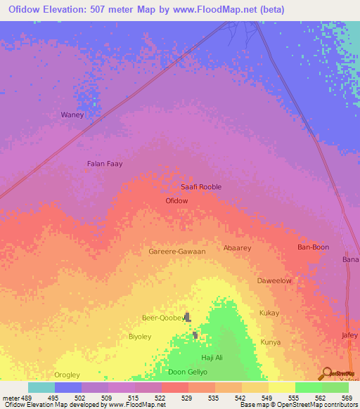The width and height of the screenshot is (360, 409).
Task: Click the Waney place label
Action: (x=72, y=115)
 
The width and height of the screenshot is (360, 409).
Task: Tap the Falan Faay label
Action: (x=105, y=164)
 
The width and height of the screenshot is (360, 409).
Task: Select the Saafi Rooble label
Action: (x=201, y=186)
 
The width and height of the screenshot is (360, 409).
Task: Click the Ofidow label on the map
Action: (x=176, y=200)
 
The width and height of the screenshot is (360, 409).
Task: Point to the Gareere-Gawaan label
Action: (x=177, y=251)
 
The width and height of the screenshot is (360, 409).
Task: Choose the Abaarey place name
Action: (x=237, y=248)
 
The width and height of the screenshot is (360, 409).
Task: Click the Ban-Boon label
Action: (x=314, y=247)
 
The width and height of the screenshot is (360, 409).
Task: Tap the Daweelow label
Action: (x=274, y=280)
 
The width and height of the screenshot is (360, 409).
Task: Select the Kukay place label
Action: (x=269, y=313)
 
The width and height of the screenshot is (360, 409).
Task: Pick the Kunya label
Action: (x=271, y=342)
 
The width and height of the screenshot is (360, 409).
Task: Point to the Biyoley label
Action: (x=140, y=337)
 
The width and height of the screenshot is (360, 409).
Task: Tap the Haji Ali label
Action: (x=212, y=358)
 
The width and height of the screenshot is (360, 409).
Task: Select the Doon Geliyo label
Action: (x=187, y=372)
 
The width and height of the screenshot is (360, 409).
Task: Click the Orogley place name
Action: (x=67, y=375)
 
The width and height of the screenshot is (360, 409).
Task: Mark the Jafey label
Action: (x=349, y=335)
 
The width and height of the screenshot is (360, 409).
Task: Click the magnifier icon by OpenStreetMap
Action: (x=326, y=374)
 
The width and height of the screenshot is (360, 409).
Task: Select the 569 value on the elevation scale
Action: (x=347, y=397)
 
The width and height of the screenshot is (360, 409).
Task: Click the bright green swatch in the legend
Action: (x=308, y=387)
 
